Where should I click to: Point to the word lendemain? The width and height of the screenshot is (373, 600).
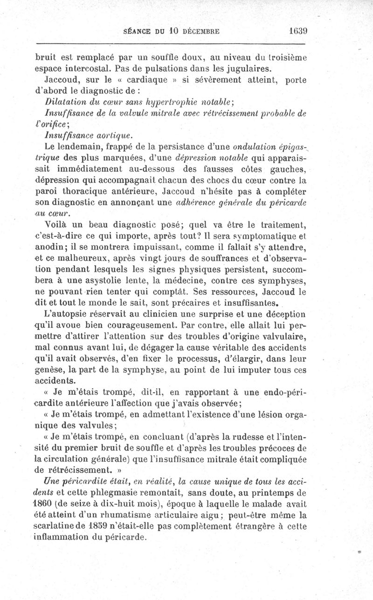click(x=82, y=146)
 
